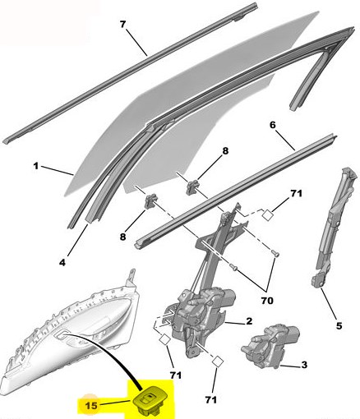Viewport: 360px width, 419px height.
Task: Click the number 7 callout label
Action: (122, 25)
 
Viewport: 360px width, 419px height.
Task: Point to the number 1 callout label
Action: (36, 166)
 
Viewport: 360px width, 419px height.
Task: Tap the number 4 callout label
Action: (62, 263)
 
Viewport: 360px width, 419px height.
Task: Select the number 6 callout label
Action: (272, 125)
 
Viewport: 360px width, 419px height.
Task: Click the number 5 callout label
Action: (339, 326)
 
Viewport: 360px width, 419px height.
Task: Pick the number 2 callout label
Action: (249, 320)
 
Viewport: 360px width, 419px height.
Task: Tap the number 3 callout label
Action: (304, 365)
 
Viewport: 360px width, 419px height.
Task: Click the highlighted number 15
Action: (91, 405)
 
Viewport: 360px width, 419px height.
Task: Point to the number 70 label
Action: (267, 301)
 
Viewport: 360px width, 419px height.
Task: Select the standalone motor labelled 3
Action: (270, 346)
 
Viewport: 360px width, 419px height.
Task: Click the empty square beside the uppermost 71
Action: (267, 215)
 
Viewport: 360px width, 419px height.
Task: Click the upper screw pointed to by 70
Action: (276, 254)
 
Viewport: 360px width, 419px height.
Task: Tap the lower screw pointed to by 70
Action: (233, 267)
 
